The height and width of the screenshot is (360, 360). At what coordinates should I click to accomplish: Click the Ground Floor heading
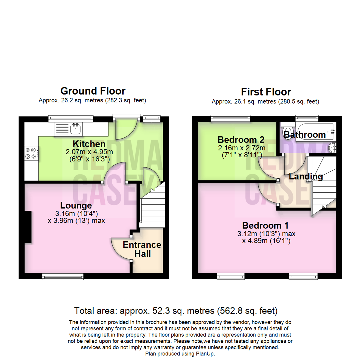click(93, 91)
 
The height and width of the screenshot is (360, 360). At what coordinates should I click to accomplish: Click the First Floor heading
click(266, 92)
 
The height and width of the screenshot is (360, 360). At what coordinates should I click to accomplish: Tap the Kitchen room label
click(89, 144)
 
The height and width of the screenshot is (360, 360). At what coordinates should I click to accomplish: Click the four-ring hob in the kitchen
click(30, 153)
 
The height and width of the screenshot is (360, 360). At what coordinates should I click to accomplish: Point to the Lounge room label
click(76, 205)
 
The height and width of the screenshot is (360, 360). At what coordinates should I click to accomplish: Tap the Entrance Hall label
click(142, 249)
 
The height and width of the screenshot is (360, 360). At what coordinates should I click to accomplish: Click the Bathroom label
click(305, 135)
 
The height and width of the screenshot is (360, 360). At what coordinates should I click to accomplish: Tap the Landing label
click(306, 176)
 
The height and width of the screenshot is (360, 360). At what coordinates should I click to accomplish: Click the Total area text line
click(176, 311)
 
